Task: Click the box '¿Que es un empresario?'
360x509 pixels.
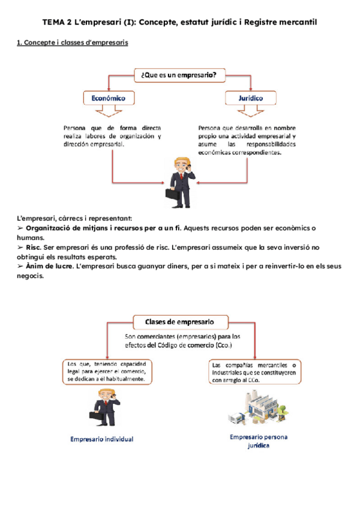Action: click(x=178, y=76)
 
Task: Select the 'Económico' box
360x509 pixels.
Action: click(x=108, y=98)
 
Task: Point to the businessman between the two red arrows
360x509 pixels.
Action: click(x=179, y=178)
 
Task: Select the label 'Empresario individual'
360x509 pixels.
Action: click(x=101, y=439)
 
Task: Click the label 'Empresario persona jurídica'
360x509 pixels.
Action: click(x=259, y=442)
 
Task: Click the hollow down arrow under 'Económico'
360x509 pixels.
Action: click(x=108, y=112)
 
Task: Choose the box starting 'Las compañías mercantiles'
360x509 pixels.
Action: click(x=256, y=372)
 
